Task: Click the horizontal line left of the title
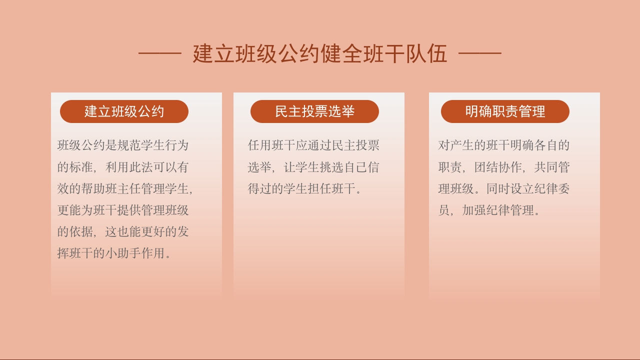tap(159, 52)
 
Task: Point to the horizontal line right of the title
tap(479, 52)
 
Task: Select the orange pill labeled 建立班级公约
tap(124, 111)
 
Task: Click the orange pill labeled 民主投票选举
tap(314, 111)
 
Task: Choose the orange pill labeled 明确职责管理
tap(505, 111)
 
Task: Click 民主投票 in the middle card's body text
tap(355, 146)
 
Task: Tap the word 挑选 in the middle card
tap(331, 167)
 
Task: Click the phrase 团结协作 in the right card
tap(498, 167)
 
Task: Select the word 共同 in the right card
tap(546, 167)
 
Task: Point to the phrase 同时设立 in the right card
tap(510, 189)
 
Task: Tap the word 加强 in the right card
tap(474, 210)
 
